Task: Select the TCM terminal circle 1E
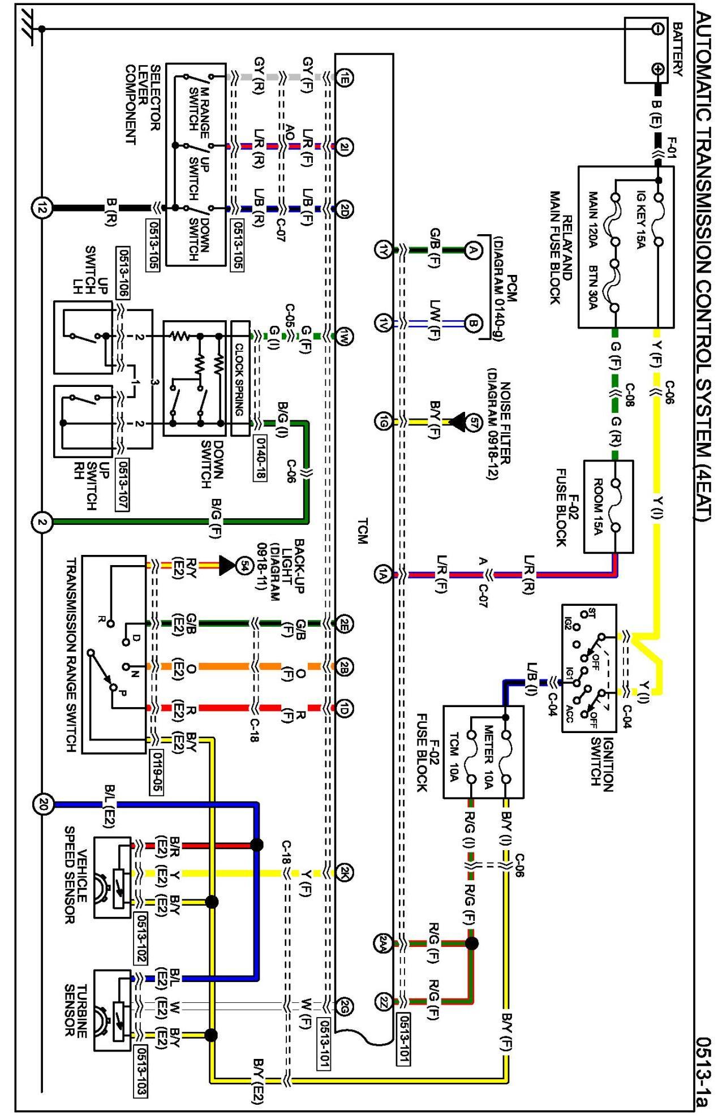tap(345, 77)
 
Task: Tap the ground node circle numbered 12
tap(42, 208)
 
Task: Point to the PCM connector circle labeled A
tap(473, 249)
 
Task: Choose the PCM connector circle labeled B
tap(473, 324)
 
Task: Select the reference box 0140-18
tap(261, 458)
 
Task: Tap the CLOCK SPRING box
tap(240, 378)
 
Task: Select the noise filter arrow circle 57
tap(473, 421)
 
